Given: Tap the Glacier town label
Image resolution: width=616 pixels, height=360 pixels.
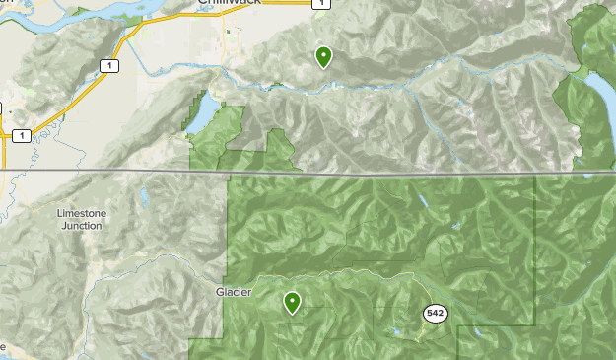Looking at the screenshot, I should (x=235, y=292).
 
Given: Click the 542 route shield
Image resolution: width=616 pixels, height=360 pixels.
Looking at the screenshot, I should (x=436, y=313).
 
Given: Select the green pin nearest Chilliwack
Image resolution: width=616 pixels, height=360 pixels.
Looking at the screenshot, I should (x=323, y=56).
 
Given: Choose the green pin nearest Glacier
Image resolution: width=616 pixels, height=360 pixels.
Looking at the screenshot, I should (x=292, y=302).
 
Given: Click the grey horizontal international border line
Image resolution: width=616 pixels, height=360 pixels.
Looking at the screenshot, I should (x=394, y=174).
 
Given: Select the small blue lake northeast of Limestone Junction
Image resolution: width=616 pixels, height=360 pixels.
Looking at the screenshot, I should (x=146, y=197).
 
